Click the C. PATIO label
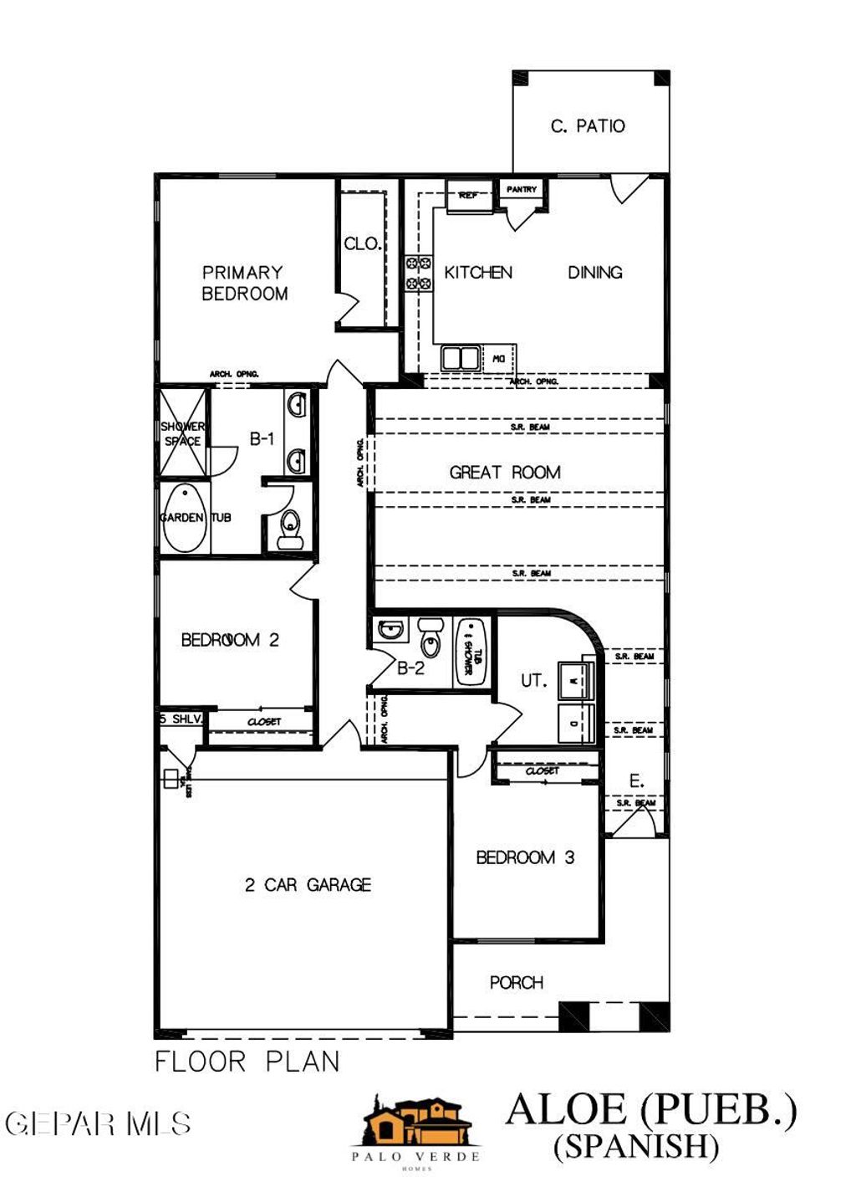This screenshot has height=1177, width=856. (588, 126)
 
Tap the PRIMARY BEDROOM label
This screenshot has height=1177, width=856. (244, 283)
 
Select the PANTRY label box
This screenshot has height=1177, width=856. (522, 189)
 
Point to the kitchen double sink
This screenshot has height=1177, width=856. (461, 358)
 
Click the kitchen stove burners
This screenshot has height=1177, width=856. (418, 273)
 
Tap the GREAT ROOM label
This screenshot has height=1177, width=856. (505, 472)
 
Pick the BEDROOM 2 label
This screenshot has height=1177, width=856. (230, 640)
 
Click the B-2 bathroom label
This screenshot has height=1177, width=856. (410, 668)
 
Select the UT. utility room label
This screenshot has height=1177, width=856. (533, 681)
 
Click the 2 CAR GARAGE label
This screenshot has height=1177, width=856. (308, 884)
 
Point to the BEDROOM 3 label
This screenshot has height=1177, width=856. (525, 857)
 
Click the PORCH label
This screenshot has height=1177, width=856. (517, 982)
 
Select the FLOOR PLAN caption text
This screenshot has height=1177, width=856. (247, 1062)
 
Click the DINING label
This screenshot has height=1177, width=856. (595, 272)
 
